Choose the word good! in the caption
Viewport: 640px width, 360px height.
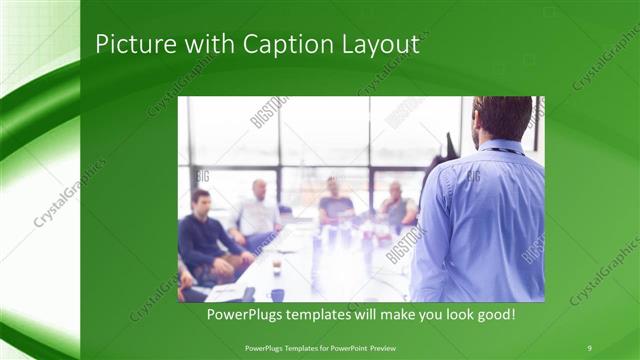click(495, 314)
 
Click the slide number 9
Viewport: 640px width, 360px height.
click(589, 347)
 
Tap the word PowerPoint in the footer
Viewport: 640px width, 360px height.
click(346, 347)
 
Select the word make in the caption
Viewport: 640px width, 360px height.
click(410, 314)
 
